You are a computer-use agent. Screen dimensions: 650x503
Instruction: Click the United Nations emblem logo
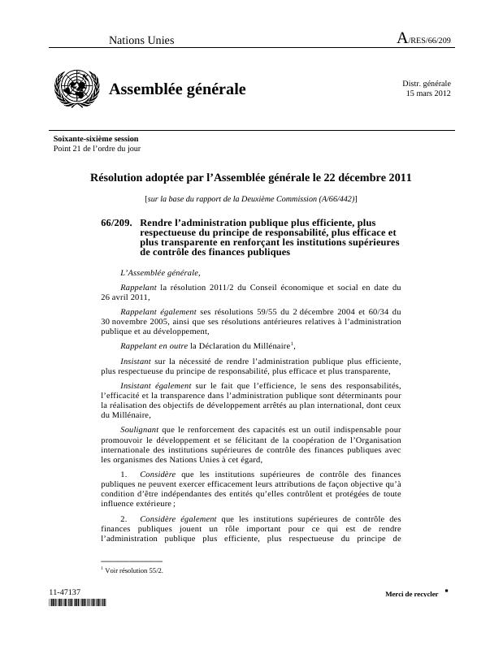(x=75, y=89)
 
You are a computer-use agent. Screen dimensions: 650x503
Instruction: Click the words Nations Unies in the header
(x=141, y=41)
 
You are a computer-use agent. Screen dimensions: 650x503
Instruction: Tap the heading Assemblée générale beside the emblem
(x=177, y=89)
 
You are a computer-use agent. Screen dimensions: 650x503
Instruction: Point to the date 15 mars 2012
(x=428, y=93)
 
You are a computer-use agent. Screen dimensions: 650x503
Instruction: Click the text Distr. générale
(x=427, y=83)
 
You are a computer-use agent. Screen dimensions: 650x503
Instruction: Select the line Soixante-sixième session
(x=96, y=139)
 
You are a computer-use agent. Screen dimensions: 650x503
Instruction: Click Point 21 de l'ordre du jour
(x=97, y=149)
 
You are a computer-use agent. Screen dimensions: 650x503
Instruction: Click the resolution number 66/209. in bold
(x=116, y=222)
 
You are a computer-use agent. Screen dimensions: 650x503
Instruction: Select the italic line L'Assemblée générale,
(x=159, y=273)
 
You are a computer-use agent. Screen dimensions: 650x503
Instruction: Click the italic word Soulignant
(x=140, y=428)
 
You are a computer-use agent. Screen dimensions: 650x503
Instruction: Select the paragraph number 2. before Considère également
(x=124, y=518)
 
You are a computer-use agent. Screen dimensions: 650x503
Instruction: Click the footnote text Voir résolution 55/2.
(x=134, y=570)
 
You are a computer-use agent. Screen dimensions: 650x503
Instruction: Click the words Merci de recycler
(x=411, y=594)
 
